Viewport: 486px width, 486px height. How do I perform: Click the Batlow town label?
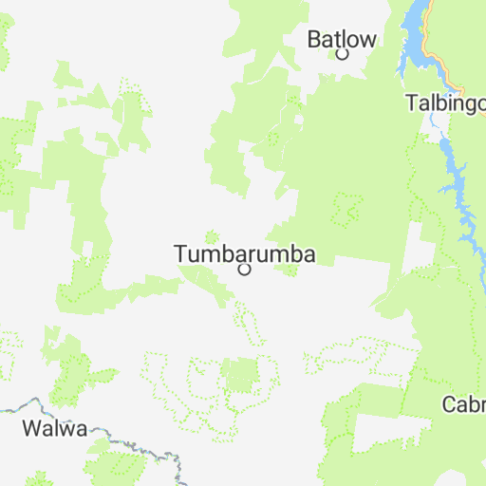(342, 39)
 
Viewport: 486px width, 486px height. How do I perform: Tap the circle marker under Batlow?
(343, 54)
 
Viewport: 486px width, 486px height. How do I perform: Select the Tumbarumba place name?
(244, 253)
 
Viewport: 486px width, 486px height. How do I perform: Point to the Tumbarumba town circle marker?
(244, 270)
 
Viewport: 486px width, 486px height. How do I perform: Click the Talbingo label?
(445, 103)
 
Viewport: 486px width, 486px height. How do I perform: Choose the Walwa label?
(54, 428)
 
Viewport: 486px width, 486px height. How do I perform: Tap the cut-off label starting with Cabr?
(464, 405)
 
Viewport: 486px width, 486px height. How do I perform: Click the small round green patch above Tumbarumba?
(211, 234)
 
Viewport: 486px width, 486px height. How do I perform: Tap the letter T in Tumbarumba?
(180, 253)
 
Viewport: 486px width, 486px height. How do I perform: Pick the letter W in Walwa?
(31, 428)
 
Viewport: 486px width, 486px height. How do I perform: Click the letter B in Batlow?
(314, 39)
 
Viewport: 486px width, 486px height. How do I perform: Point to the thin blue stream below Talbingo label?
(433, 121)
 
